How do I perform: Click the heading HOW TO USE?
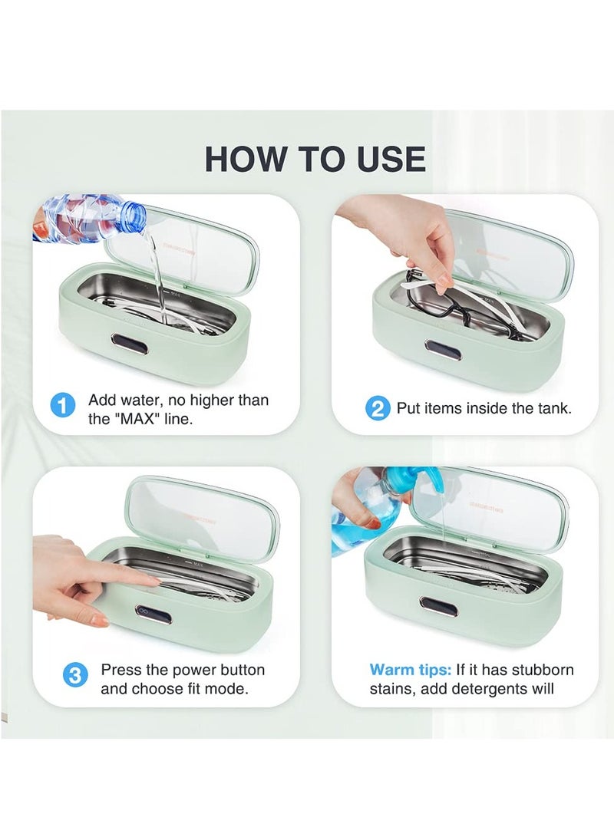315,159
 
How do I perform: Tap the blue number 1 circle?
63,405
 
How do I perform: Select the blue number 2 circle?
377,408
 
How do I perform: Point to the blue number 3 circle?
74,676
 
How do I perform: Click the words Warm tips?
410,670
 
